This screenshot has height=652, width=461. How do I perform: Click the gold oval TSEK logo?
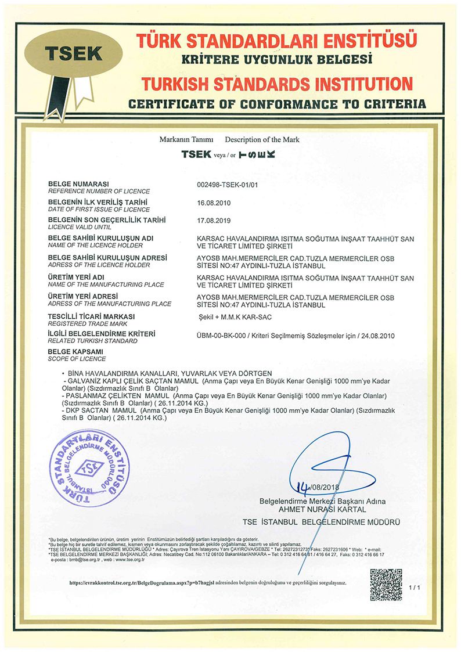coord(74,53)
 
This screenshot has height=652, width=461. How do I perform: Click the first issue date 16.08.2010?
coord(215,203)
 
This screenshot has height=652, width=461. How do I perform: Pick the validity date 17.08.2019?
coord(215,221)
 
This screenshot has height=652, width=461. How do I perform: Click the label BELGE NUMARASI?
coord(79,184)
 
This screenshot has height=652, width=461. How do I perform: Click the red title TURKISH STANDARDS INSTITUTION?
coord(274,83)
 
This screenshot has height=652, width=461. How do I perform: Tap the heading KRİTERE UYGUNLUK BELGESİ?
coord(276,59)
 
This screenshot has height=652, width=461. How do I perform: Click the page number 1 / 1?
coord(415,588)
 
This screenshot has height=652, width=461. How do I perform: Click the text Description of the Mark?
coord(262,140)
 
